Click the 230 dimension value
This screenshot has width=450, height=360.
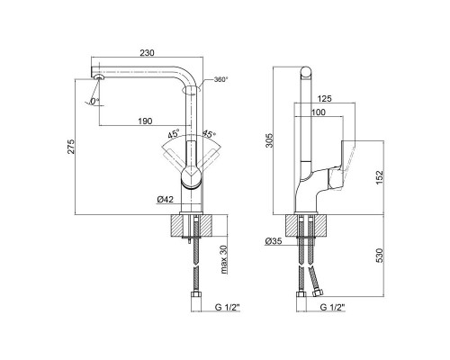point(147,53)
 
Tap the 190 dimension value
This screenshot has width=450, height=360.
point(145,121)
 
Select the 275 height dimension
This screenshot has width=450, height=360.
point(71,147)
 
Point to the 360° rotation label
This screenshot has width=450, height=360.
point(220,80)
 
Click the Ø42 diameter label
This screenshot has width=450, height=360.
point(166,200)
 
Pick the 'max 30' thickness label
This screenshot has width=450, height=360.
point(224,259)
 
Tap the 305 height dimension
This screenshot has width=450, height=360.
point(270,140)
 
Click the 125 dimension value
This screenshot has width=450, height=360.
point(325,98)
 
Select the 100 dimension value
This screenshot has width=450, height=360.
point(319,112)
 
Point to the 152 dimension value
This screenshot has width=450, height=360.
point(380,177)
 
